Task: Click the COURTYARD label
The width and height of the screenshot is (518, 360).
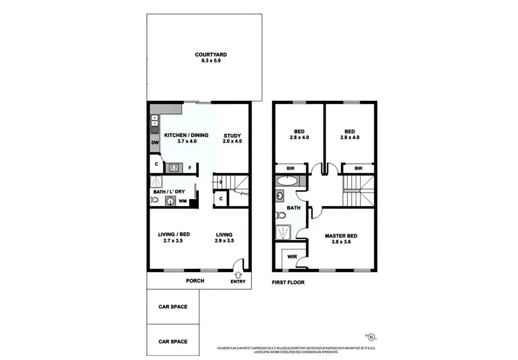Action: (x=211, y=55)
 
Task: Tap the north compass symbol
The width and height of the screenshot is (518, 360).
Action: (x=371, y=337)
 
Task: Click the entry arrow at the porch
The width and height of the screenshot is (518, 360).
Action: (x=238, y=275)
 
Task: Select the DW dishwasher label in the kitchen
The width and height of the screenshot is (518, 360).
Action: (x=155, y=143)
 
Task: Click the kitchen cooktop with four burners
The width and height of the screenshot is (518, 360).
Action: (x=174, y=168)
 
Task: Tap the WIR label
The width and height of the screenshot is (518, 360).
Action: (x=292, y=257)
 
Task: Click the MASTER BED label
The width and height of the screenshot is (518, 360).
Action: (x=341, y=236)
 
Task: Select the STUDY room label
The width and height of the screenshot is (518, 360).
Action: (x=232, y=136)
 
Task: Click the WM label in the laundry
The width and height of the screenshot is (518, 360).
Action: (x=182, y=201)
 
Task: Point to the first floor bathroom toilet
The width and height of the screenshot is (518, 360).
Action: (x=281, y=215)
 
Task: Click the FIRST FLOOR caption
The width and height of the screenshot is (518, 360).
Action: (x=288, y=282)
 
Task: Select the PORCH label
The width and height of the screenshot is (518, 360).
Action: (x=195, y=281)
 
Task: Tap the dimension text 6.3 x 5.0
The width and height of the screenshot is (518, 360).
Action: (x=211, y=61)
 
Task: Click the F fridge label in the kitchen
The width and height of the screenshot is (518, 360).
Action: (x=190, y=168)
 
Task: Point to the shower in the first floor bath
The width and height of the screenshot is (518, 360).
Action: (x=283, y=232)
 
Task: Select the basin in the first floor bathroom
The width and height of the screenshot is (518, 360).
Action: (x=280, y=196)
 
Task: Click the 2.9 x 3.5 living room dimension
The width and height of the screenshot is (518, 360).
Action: (x=224, y=240)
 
